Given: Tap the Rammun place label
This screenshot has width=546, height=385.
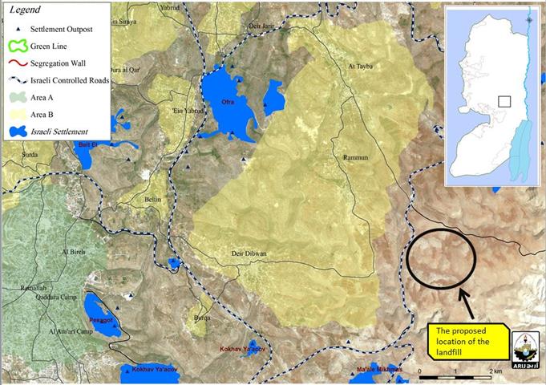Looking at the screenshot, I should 353,157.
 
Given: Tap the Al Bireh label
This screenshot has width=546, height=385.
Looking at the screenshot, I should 75,251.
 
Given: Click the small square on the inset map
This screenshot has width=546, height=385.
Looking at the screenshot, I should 504,102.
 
